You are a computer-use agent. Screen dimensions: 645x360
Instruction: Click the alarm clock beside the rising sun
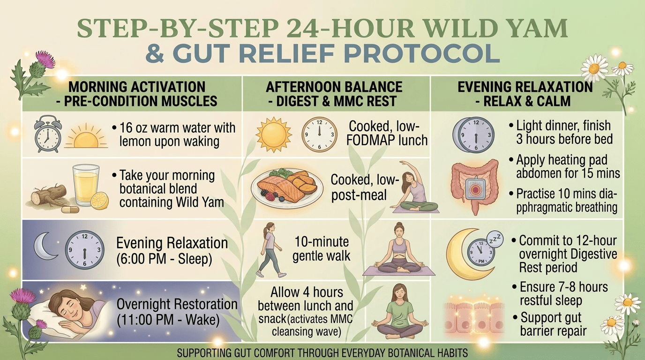tap(47, 134)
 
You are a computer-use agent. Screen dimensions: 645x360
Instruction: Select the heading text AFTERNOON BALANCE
tap(334, 87)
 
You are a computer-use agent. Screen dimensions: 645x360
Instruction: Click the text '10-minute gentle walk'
tap(322, 249)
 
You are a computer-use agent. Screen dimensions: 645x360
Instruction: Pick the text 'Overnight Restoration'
tap(177, 304)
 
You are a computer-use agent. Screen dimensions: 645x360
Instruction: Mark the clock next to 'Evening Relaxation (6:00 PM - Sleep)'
tap(85, 250)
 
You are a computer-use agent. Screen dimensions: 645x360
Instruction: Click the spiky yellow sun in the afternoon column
tap(274, 135)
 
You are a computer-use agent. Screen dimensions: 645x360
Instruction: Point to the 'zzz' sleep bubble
tap(495, 240)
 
